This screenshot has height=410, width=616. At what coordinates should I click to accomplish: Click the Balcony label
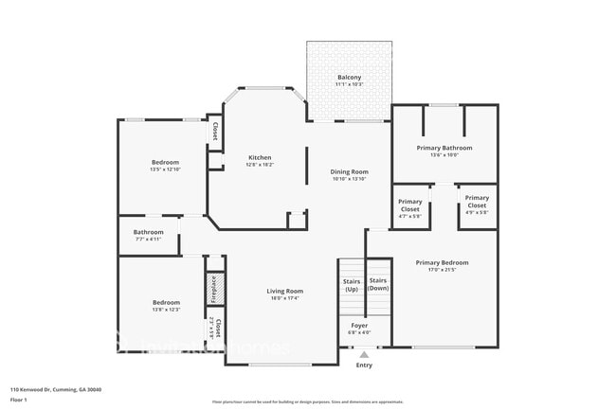coord(349,78)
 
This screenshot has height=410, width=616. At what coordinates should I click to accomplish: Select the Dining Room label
coord(349,172)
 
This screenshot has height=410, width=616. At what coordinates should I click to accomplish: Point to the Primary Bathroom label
coord(444,148)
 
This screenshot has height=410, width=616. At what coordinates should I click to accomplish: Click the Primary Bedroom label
coord(442,262)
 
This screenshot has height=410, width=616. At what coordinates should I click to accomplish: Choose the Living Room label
coord(284,291)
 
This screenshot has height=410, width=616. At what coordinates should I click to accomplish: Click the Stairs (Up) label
coord(351,284)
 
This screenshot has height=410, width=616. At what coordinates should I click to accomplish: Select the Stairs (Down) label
coord(378,284)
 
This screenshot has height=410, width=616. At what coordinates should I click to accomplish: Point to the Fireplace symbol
coord(214,288)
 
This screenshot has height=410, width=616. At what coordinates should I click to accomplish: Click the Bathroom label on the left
coord(149,232)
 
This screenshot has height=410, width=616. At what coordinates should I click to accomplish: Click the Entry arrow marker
coord(364,354)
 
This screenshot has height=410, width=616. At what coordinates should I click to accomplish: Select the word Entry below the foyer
coord(364,365)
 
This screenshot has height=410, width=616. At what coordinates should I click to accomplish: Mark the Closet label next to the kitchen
coord(215,132)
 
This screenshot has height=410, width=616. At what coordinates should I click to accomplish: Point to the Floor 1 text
coord(19,400)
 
